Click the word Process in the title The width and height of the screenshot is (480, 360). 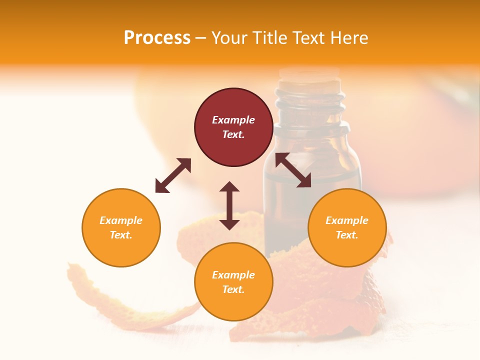157,38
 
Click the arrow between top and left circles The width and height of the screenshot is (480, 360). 173,175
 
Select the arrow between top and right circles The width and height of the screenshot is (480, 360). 293,170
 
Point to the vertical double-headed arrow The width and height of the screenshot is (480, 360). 229,205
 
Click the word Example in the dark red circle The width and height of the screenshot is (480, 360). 233,120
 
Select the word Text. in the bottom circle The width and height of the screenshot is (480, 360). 233,289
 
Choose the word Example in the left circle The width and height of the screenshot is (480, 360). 121,220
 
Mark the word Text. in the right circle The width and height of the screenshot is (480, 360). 347,235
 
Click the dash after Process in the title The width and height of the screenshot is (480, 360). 200,38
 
